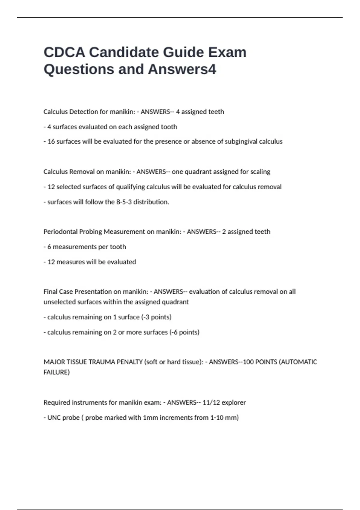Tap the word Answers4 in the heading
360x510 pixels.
[x=182, y=69]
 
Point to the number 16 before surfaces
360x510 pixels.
[x=51, y=142]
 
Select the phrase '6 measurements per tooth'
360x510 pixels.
[x=87, y=247]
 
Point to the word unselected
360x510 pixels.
[x=59, y=302]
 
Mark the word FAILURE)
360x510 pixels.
[x=57, y=372]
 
